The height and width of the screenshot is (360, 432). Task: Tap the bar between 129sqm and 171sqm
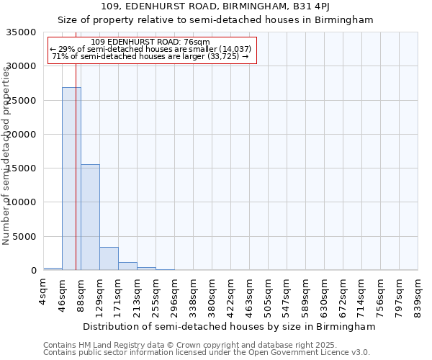[109, 258]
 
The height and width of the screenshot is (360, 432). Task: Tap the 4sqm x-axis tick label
[43, 292]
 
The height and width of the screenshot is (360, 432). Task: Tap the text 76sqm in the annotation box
[196, 42]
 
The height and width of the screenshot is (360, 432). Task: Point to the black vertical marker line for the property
[76, 144]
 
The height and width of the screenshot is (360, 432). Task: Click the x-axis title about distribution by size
[230, 327]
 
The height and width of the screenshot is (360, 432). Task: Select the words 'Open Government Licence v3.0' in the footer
[309, 353]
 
